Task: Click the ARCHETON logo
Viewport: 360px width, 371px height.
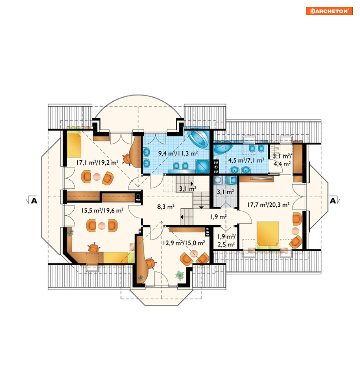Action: coord(329,11)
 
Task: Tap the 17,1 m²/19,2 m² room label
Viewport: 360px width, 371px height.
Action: coord(97,163)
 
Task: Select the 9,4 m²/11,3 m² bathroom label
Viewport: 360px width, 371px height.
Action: coord(178,153)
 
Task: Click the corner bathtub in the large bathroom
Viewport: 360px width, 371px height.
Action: coord(198,138)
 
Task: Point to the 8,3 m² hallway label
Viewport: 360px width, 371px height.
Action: coord(166,207)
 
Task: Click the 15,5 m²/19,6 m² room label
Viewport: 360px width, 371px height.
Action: coord(102,210)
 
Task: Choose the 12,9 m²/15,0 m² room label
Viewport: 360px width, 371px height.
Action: coord(184,243)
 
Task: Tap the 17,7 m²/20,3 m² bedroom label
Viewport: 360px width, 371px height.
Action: coord(268,205)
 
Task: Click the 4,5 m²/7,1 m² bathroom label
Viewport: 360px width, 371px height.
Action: coord(246,160)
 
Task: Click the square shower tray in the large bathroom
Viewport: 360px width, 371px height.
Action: coord(203,166)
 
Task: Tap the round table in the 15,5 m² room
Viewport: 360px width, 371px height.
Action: coord(102,226)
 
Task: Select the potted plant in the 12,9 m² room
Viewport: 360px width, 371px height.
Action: coord(180,275)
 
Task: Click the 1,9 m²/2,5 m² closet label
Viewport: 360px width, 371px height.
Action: coord(226,240)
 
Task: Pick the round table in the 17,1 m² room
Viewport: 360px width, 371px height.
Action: coord(97,177)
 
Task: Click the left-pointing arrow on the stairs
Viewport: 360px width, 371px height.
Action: coord(182,217)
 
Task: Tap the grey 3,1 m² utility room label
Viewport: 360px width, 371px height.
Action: coord(225,192)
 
